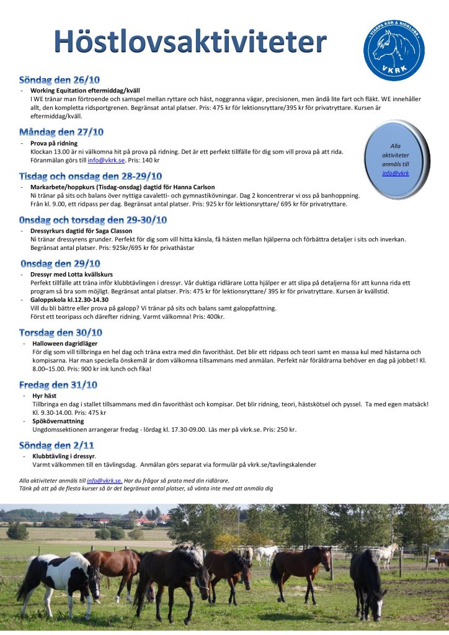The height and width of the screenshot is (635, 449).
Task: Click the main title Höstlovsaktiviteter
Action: point(190,42)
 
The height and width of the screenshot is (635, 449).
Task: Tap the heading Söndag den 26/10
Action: point(60,80)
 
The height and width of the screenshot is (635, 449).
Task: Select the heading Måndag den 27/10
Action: point(61,132)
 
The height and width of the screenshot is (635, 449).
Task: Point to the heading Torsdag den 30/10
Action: point(61,332)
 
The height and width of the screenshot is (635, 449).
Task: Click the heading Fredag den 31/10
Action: point(58,384)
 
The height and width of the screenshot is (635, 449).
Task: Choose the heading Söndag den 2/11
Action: point(56,445)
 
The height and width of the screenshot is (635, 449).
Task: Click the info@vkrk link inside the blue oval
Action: point(395,173)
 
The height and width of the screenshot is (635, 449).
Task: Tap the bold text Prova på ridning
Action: point(54,143)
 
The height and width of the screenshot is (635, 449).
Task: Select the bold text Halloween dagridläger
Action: point(64,344)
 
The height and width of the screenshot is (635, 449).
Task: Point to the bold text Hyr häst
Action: point(45,395)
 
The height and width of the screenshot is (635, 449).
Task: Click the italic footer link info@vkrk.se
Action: point(104,480)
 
